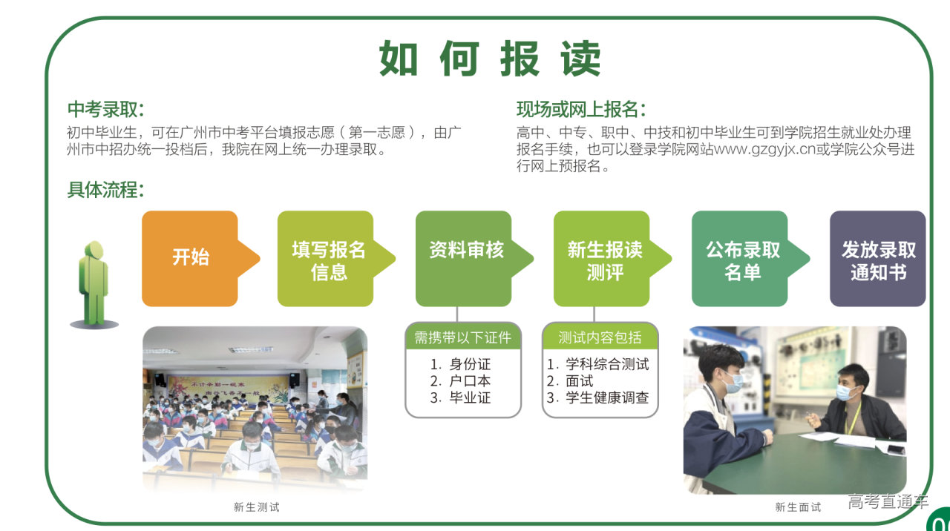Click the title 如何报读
click(490, 58)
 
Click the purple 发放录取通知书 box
click(877, 259)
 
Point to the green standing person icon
click(94, 285)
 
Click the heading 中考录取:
click(106, 109)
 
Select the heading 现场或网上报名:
click(581, 109)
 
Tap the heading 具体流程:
click(106, 189)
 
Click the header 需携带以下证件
click(462, 337)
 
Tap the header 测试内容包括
click(600, 337)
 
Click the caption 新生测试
click(257, 507)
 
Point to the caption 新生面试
click(798, 507)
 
